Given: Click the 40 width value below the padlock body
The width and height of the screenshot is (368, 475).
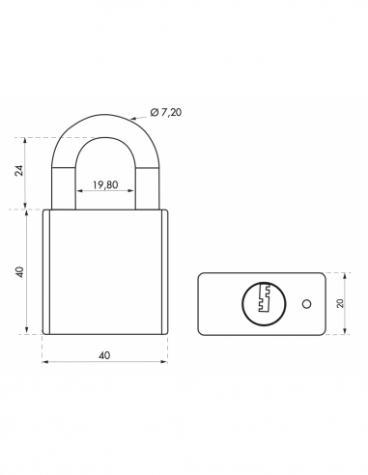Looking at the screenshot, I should click(104, 354).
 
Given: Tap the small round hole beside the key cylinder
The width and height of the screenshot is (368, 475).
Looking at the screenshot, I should click(304, 303).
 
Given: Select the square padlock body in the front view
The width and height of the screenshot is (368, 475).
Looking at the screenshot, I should click(104, 271).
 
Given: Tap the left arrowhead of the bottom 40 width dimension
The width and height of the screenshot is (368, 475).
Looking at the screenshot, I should click(46, 365).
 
